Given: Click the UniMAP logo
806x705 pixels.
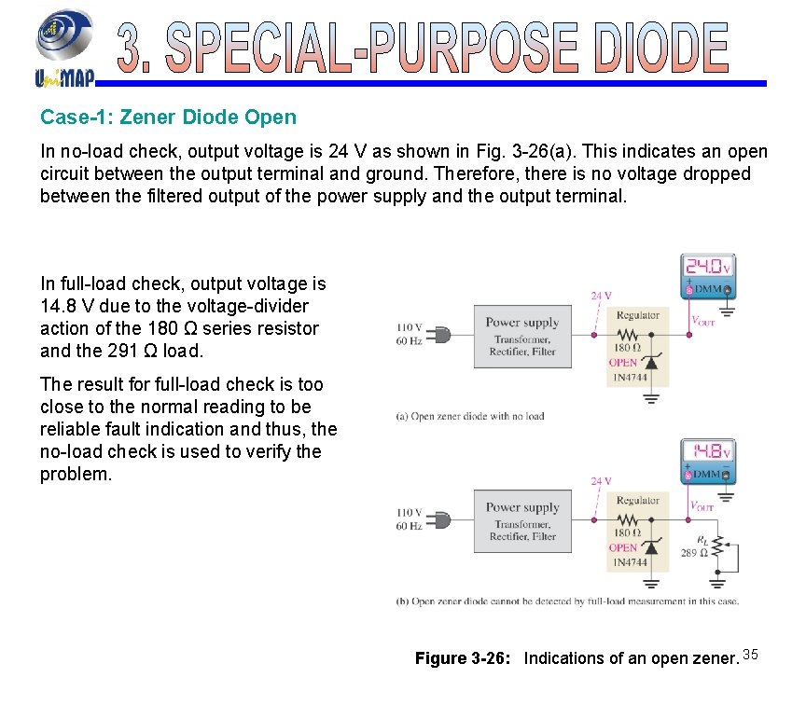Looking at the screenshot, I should pyautogui.click(x=63, y=46).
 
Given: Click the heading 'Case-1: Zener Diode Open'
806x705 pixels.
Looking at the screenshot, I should pyautogui.click(x=168, y=117).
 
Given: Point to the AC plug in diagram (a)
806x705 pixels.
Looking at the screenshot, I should pyautogui.click(x=442, y=334).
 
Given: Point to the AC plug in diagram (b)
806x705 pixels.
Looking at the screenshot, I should pyautogui.click(x=442, y=519).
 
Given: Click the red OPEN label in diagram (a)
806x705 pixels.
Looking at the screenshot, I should pyautogui.click(x=623, y=363).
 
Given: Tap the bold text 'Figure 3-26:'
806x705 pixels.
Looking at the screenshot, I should pyautogui.click(x=462, y=658).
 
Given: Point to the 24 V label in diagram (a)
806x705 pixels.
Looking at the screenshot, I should pyautogui.click(x=602, y=296).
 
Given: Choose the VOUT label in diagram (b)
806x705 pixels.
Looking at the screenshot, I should pyautogui.click(x=702, y=506).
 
